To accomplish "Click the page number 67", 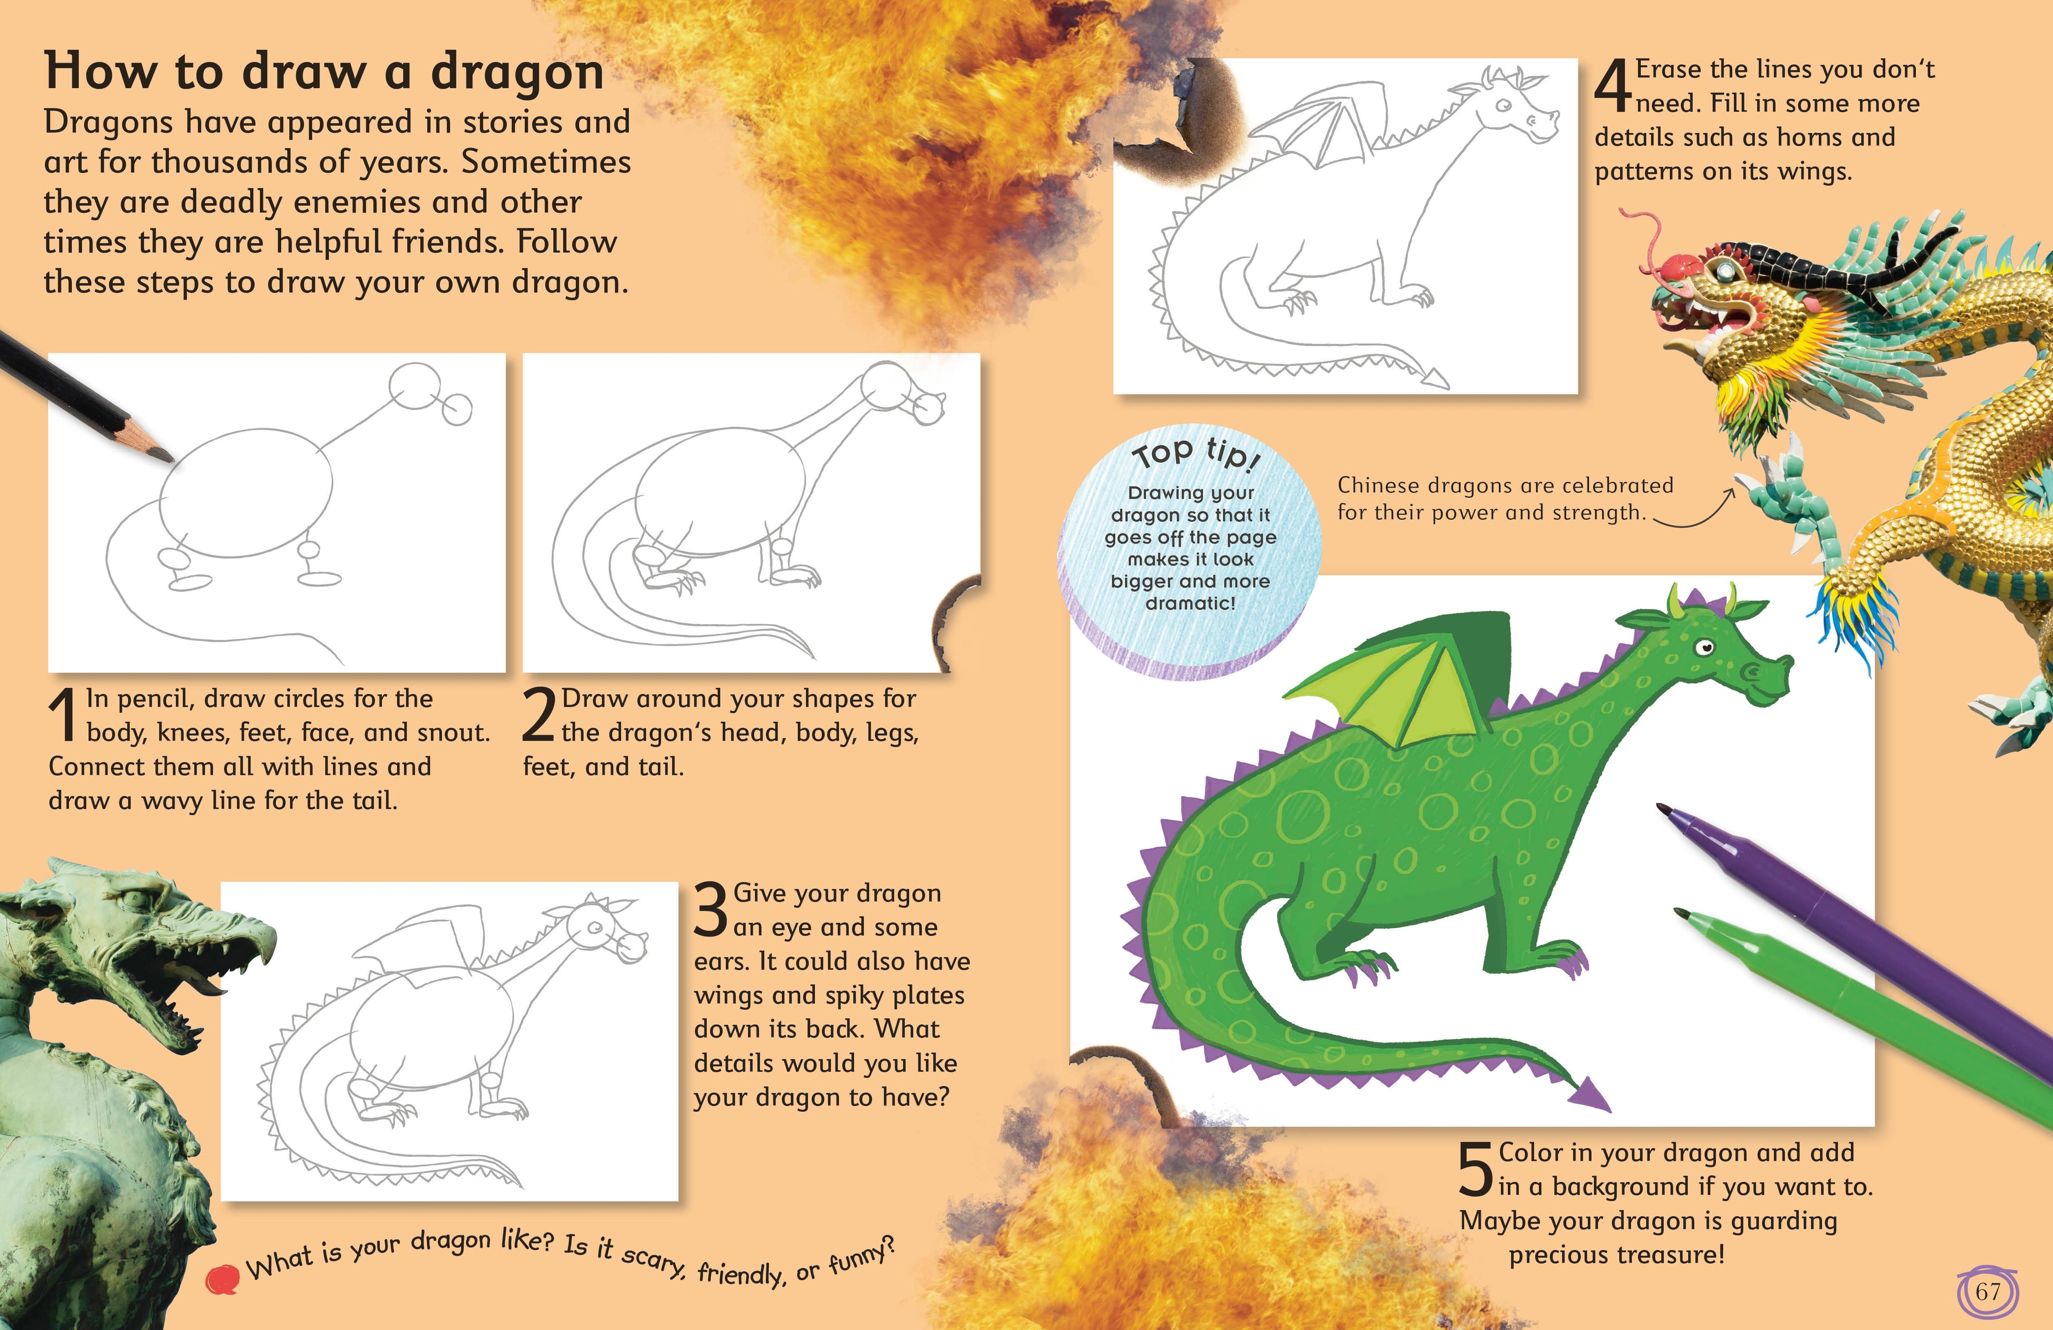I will pos(1987,1291).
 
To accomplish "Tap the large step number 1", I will pos(63,715).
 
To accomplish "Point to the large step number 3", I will pos(712,909).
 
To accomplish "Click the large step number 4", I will pos(1611,86).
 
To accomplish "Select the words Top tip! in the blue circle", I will pos(1195,453).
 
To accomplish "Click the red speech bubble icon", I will pos(222,1278).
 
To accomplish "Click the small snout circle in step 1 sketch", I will pos(457,409).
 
